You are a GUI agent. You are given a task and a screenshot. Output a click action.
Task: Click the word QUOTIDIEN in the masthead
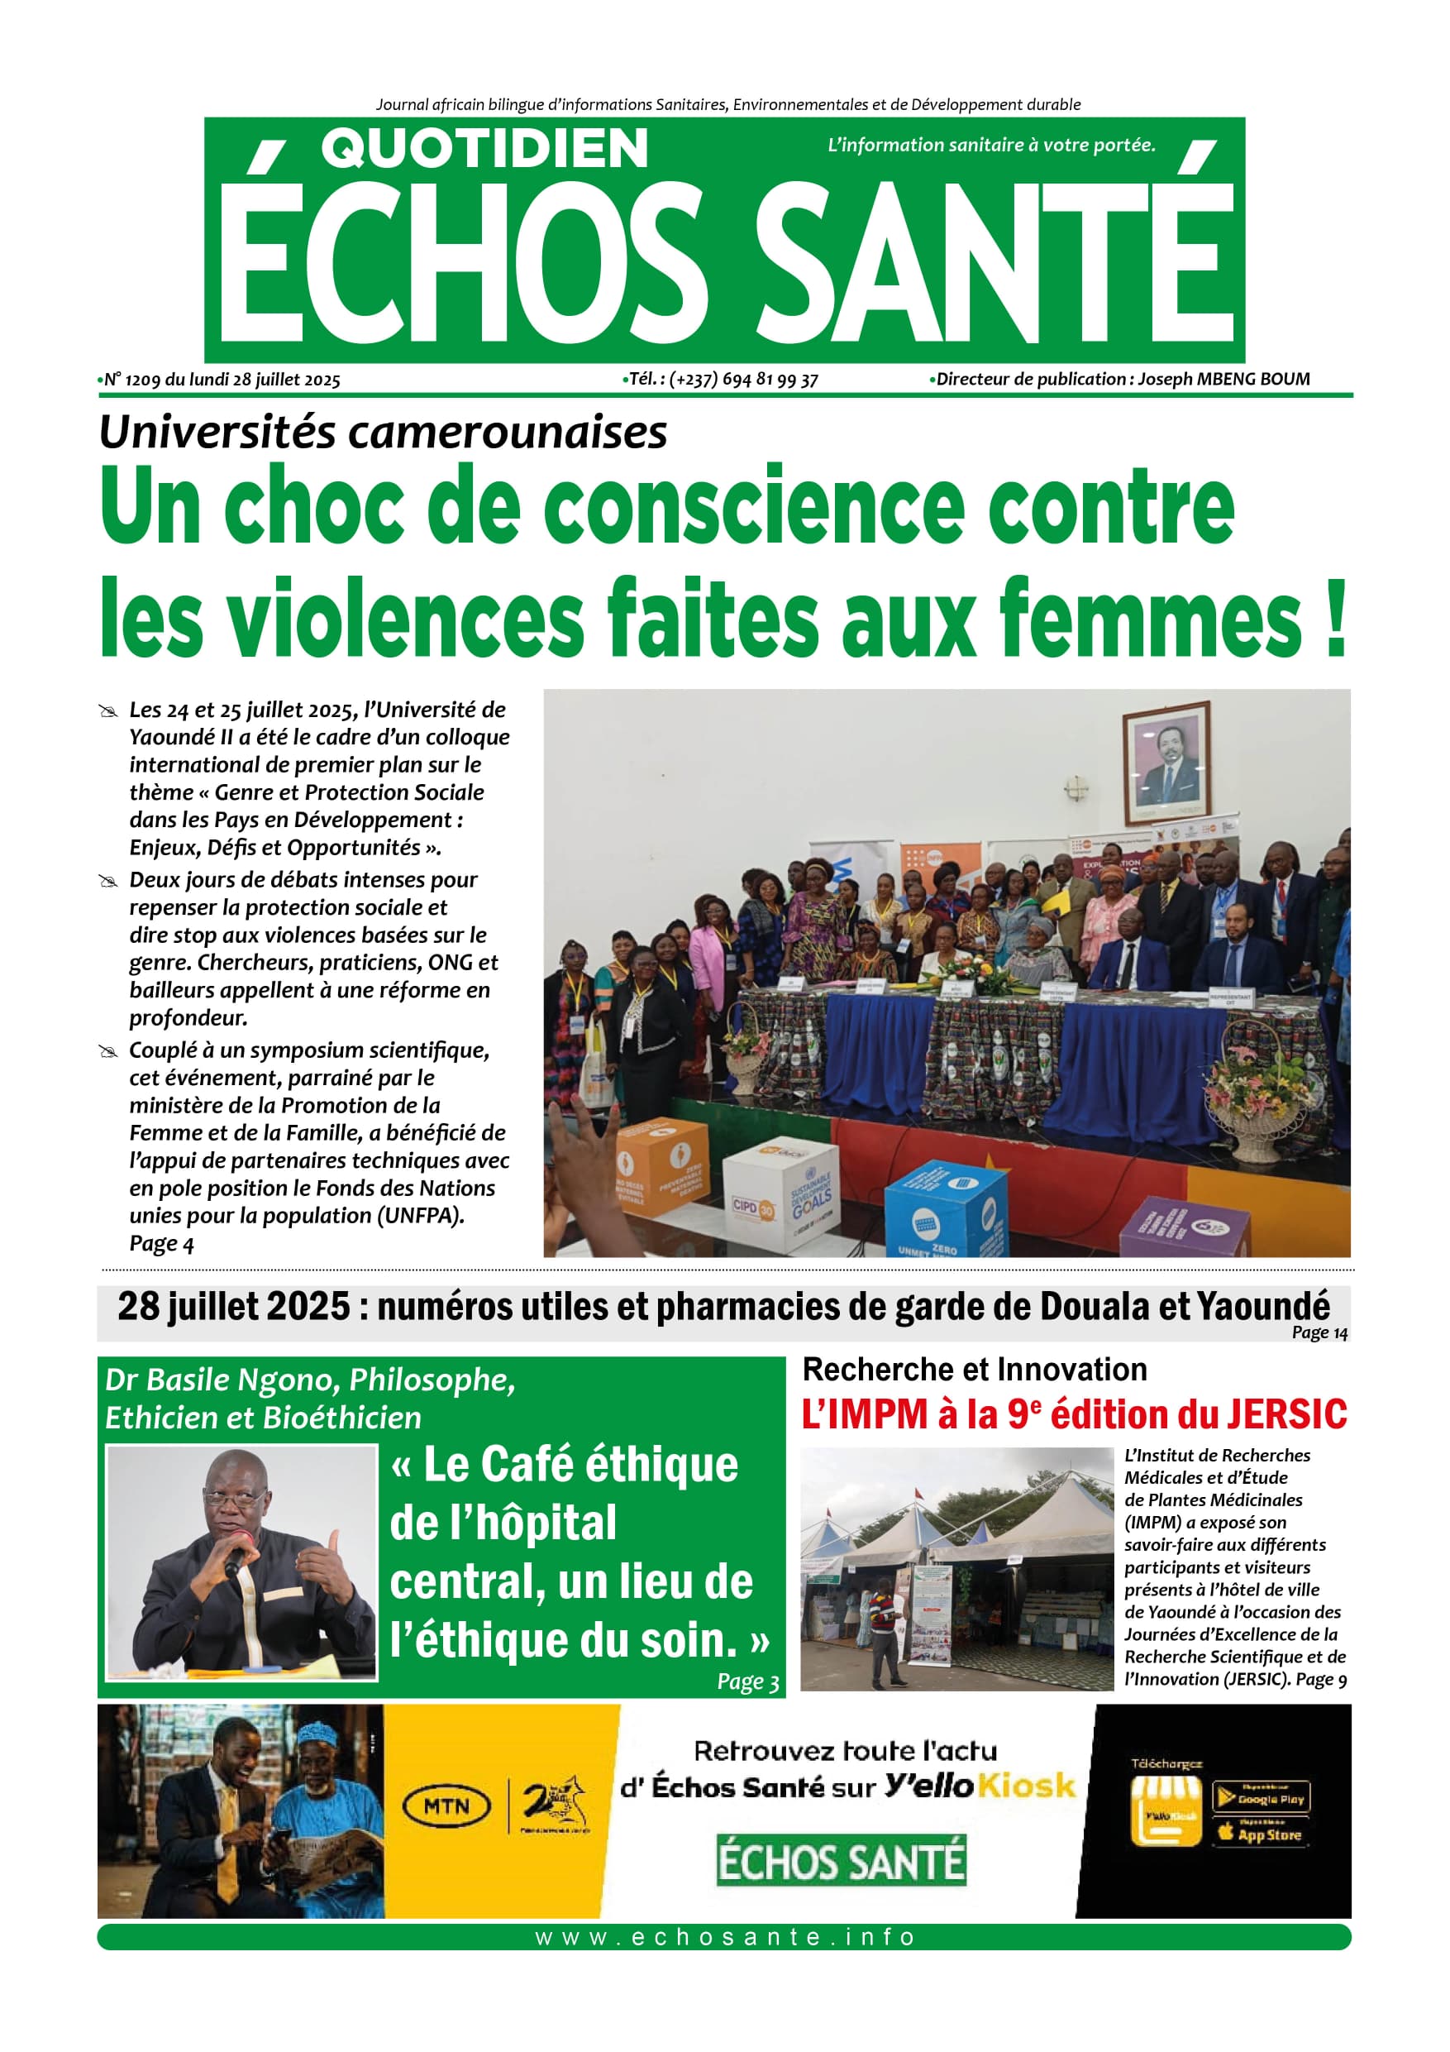[x=484, y=148]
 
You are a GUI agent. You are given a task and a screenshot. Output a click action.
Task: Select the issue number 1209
[x=142, y=380]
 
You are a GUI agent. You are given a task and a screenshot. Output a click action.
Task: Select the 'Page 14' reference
[x=1319, y=1332]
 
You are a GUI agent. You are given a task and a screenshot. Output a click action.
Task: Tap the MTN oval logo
[x=446, y=1806]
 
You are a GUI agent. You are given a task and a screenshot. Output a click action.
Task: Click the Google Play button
[x=1261, y=1797]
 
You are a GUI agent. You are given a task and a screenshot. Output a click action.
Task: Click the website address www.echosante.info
[x=724, y=1937]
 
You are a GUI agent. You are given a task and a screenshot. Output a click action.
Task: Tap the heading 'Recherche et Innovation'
[x=974, y=1369]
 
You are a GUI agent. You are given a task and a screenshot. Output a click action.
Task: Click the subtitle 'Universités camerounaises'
[x=384, y=433]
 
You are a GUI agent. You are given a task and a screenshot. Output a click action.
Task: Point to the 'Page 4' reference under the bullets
[x=162, y=1243]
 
